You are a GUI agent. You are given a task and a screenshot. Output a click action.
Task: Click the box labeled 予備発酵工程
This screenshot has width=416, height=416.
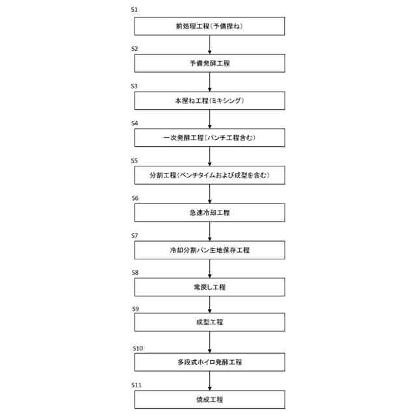coord(209,63)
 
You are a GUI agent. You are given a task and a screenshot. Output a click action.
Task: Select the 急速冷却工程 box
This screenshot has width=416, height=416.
coord(209,213)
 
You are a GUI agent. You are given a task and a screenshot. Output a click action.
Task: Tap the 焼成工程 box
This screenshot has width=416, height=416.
coord(209,399)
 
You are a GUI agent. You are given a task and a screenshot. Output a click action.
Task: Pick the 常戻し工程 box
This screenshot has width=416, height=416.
coord(209,287)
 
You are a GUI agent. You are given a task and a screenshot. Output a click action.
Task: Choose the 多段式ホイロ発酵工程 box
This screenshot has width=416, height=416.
coord(209,362)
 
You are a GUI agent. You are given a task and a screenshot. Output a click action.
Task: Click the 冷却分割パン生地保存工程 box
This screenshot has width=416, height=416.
coord(209,250)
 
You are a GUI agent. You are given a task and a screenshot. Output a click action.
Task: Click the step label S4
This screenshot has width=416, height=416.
coord(135,123)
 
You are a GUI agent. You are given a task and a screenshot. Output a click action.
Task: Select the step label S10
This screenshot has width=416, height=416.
coord(137,348)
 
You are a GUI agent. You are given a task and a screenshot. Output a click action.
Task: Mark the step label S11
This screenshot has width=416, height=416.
coord(137,385)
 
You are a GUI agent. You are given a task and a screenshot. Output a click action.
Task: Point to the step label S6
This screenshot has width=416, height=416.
coord(135,198)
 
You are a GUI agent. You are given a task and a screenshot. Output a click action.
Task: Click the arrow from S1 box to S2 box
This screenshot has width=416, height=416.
coord(209,44)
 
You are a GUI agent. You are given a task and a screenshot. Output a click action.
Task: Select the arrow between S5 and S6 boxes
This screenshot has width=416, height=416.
coord(209,194)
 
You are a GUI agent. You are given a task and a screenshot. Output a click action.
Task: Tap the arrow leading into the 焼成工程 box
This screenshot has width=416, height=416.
coord(209,381)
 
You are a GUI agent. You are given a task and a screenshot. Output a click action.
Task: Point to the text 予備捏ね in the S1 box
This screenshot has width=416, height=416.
coord(227,26)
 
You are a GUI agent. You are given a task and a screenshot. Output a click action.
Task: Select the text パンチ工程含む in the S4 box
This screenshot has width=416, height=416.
coord(233,138)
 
